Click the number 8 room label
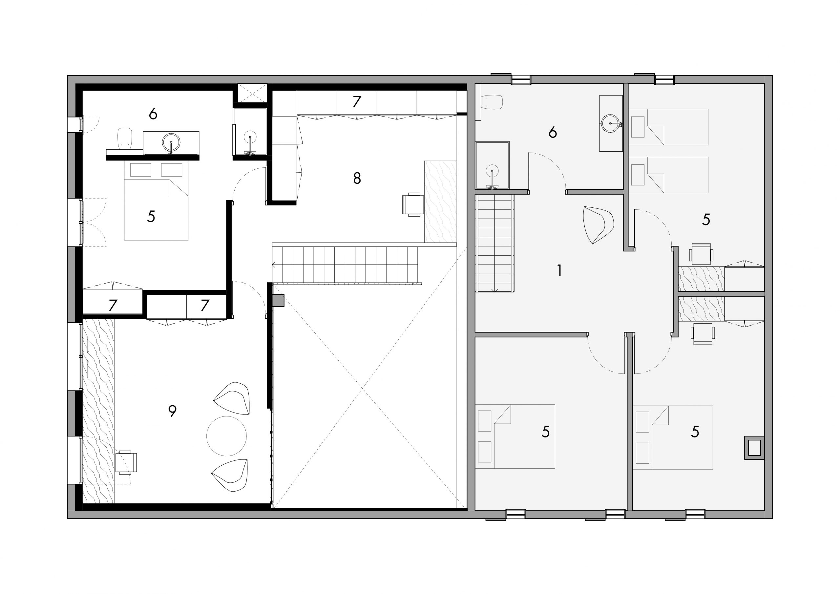pos(357,178)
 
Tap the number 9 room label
pos(172,411)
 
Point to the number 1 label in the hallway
pos(559,270)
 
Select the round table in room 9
pos(226,436)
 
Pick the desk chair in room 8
pos(413,204)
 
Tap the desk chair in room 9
pos(126,462)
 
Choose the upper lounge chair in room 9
pos(232,398)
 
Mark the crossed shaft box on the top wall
pos(252,93)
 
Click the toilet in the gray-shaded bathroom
pos(491,102)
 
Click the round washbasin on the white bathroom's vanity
pos(171,142)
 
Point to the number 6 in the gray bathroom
pos(553,132)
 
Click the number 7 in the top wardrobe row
pos(357,101)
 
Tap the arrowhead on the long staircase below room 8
pos(274,264)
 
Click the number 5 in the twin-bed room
pos(706,220)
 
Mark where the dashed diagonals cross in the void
pos(363,388)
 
